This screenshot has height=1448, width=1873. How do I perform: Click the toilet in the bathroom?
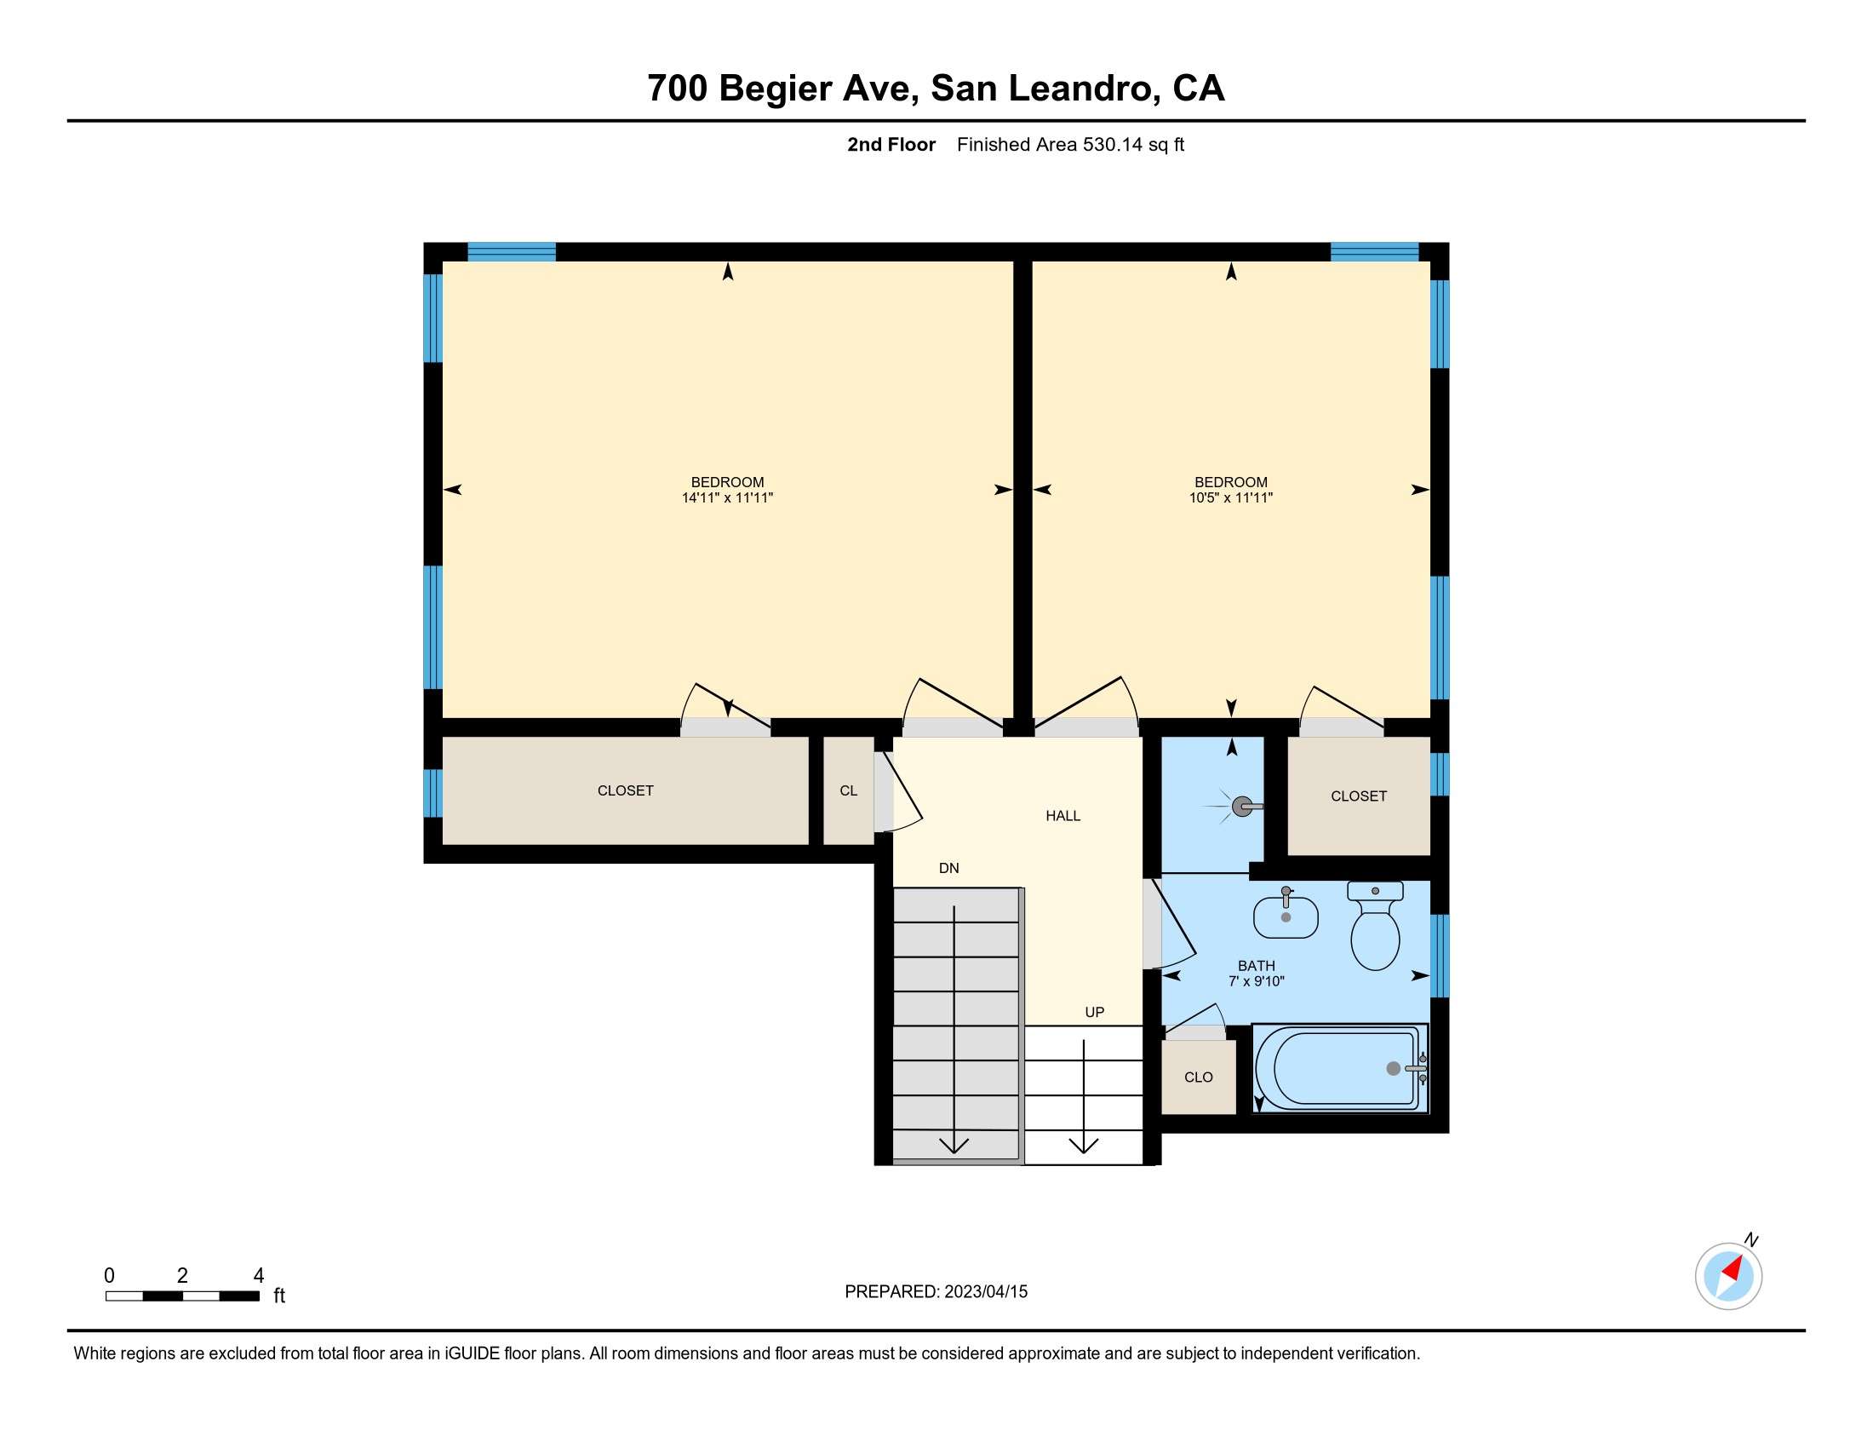click(1375, 926)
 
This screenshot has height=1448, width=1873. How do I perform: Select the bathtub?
click(1340, 1068)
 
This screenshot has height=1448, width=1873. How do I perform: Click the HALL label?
click(1063, 816)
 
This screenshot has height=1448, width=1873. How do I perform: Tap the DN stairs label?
click(948, 868)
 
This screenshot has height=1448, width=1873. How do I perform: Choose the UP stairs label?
click(1094, 1012)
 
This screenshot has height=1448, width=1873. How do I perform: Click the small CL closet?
click(848, 790)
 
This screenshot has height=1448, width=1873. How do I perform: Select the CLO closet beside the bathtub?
click(1198, 1077)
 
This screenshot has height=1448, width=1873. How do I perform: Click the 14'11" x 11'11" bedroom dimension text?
click(727, 497)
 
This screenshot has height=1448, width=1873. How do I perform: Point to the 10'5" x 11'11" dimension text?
click(1231, 497)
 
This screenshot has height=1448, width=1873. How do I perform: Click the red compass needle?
click(1734, 1268)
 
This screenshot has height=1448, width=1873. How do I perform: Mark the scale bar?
click(183, 1296)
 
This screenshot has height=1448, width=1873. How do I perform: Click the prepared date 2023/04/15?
click(985, 1292)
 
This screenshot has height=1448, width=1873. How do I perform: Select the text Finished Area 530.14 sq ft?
click(1070, 145)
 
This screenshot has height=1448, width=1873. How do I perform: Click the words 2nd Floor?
click(891, 145)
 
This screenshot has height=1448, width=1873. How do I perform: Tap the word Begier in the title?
click(776, 89)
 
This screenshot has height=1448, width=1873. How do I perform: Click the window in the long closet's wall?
click(433, 794)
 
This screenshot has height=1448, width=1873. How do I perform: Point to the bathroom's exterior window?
click(1440, 956)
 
